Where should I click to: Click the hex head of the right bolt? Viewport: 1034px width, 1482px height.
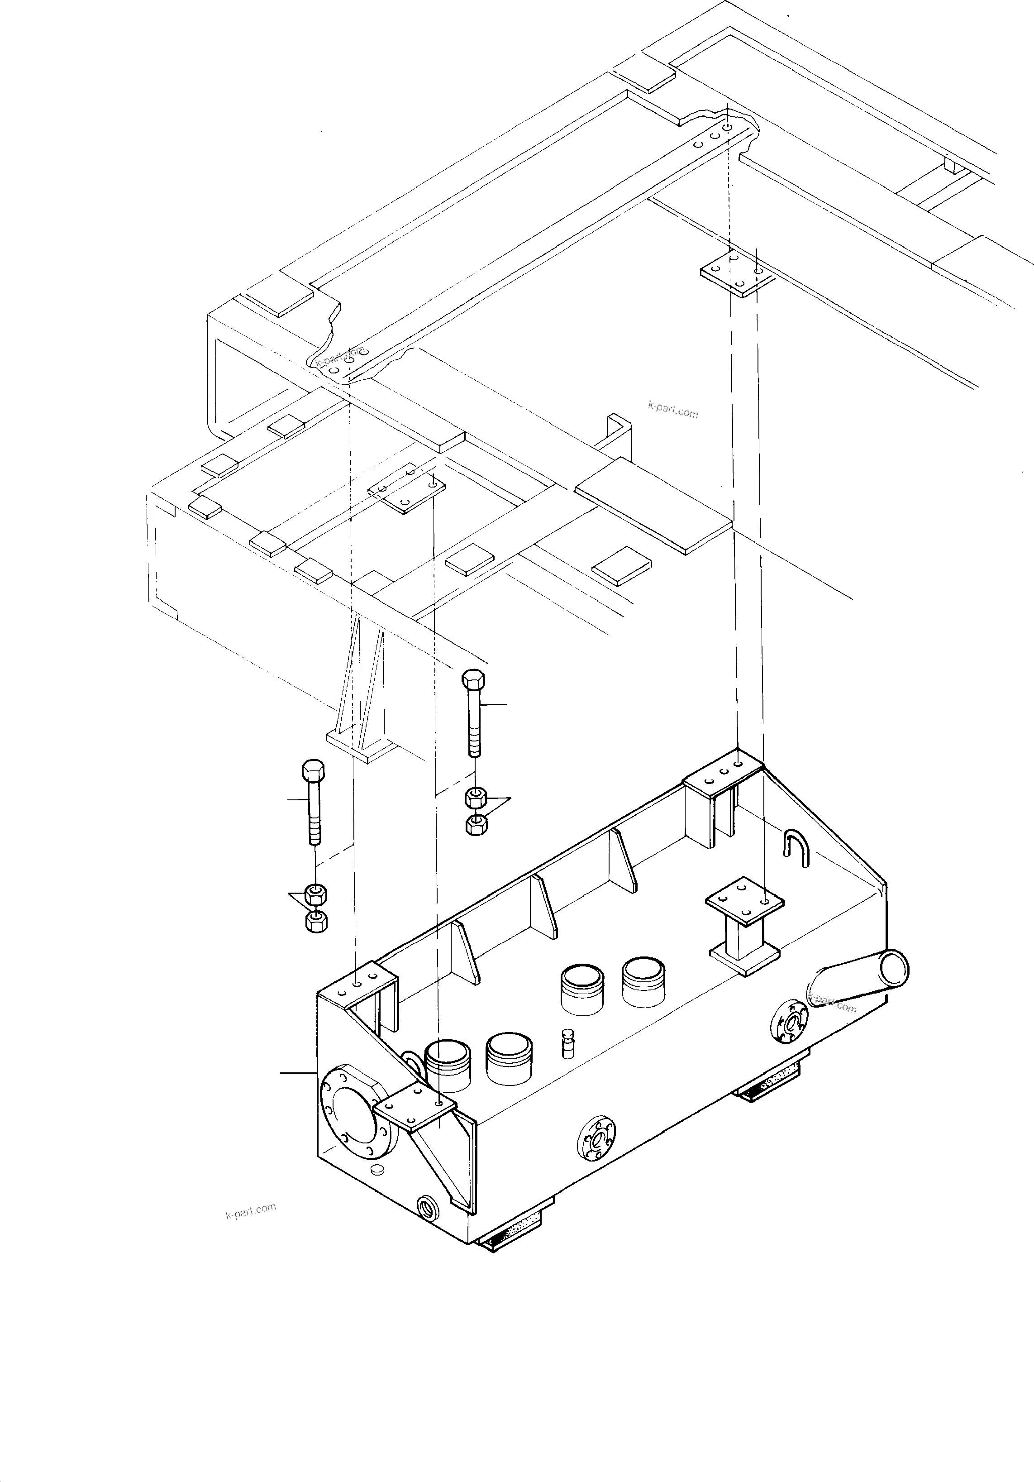[474, 680]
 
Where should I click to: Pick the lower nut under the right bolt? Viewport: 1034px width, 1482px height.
[476, 825]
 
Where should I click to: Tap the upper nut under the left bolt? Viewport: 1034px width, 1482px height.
[315, 894]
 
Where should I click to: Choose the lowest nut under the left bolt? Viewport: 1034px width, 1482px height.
[315, 922]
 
